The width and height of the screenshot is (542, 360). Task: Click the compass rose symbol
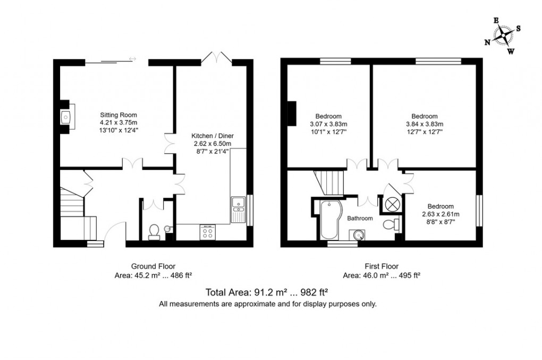(503, 36)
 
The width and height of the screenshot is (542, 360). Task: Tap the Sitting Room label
(119, 114)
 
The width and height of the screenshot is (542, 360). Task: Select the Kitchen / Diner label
(213, 136)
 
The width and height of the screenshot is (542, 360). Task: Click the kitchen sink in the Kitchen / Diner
(236, 202)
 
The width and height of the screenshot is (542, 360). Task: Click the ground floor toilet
(154, 232)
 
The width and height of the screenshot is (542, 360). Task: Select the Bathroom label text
(360, 218)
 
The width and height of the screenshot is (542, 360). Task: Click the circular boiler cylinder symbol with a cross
(393, 204)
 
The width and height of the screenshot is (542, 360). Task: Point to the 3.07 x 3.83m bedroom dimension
(328, 124)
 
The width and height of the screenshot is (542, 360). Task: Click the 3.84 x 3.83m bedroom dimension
(424, 124)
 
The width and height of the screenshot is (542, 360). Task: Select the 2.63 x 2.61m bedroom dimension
(441, 214)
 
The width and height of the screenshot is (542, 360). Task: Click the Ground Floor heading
(153, 266)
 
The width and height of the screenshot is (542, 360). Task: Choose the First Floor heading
(382, 266)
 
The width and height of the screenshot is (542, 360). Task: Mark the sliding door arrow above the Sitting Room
(132, 59)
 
